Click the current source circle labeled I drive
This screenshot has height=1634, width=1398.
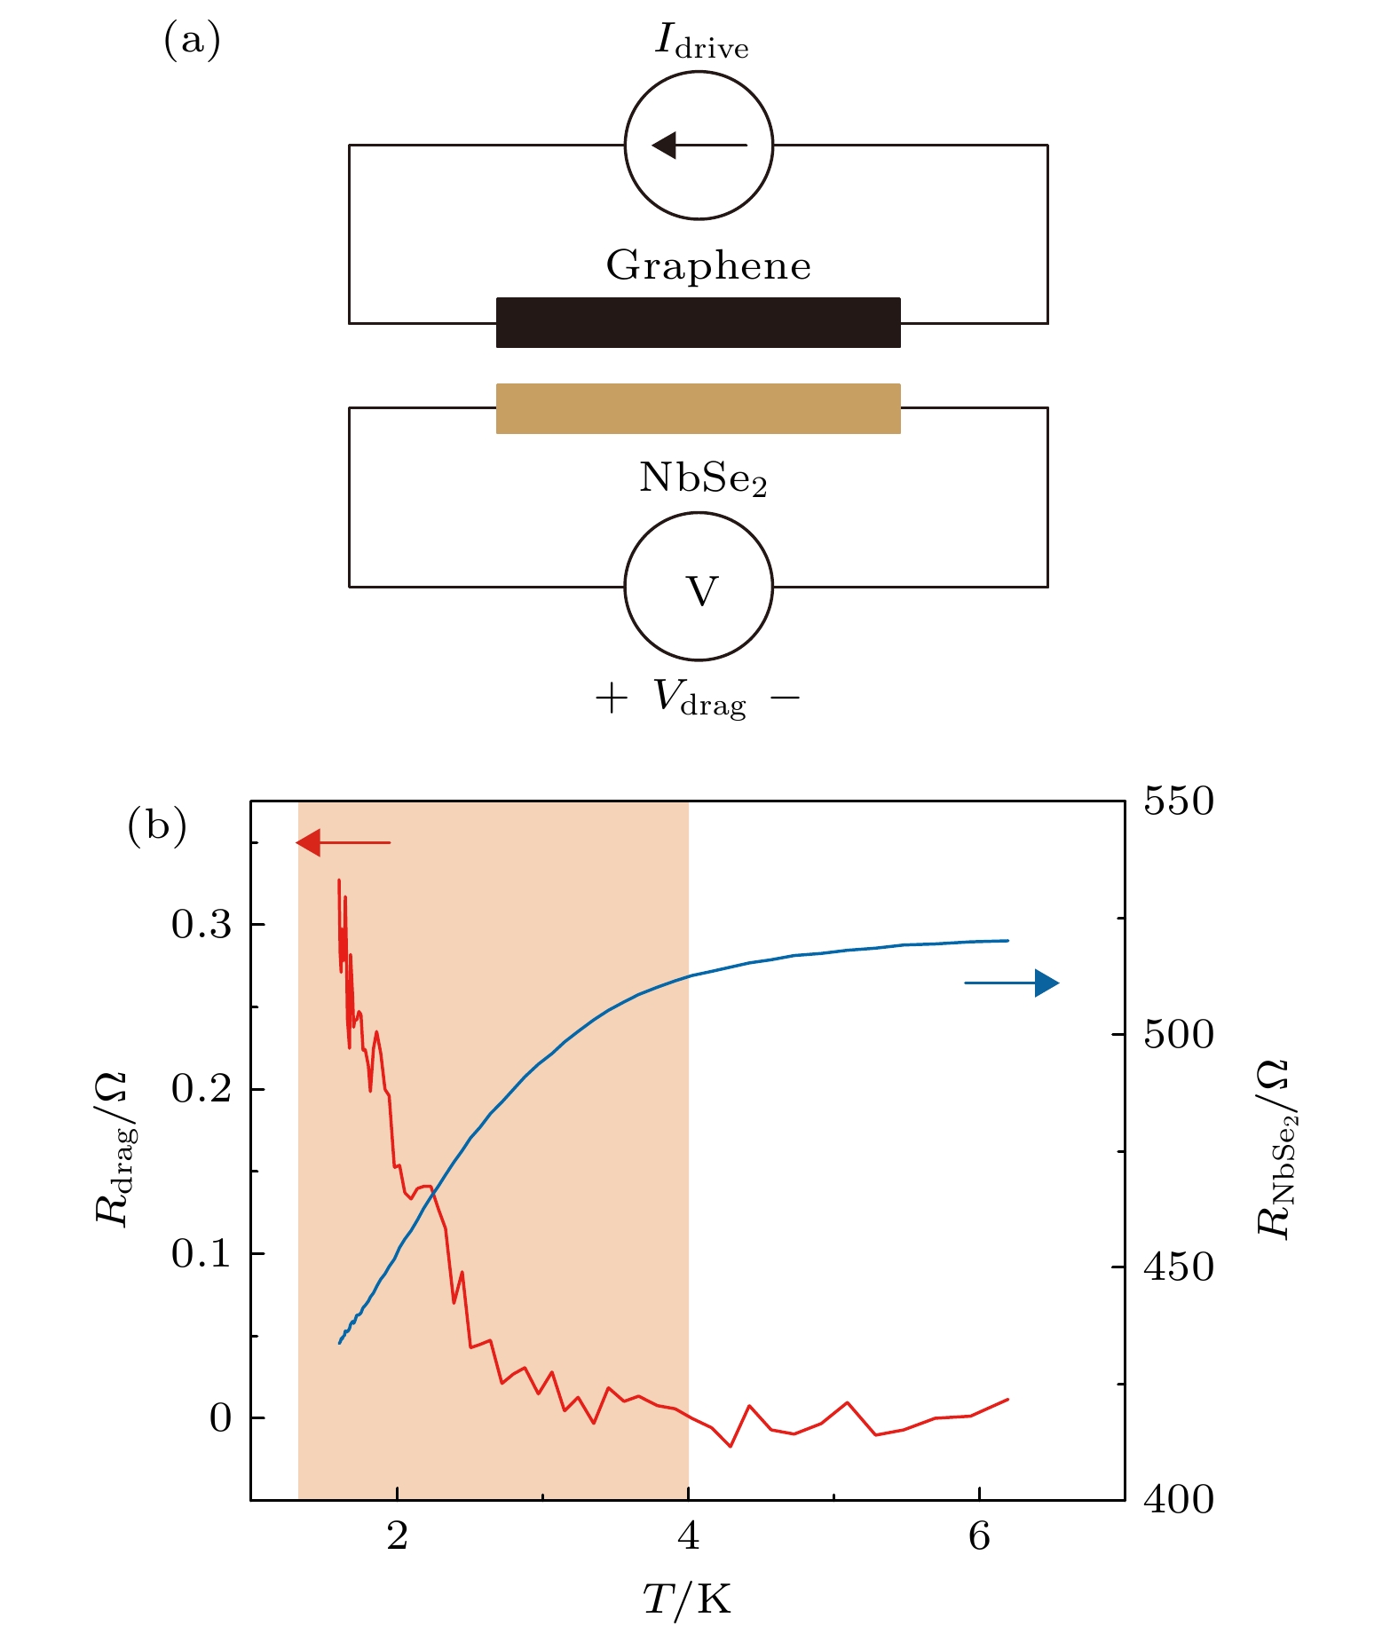point(699,145)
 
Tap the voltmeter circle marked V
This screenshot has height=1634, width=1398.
point(699,587)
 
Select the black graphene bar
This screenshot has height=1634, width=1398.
point(698,322)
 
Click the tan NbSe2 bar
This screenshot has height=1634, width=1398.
point(698,408)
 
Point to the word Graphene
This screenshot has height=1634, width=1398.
point(708,265)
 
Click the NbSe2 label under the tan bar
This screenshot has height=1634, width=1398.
point(702,479)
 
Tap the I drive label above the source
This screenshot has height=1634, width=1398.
point(701,42)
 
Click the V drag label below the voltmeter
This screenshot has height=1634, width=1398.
point(699,699)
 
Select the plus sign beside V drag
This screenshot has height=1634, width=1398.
point(611,699)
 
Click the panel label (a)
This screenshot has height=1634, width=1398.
point(192,40)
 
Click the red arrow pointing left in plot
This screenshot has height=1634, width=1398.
point(343,842)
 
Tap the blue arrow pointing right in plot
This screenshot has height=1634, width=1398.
point(1013,983)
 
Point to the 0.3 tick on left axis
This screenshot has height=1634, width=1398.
point(201,925)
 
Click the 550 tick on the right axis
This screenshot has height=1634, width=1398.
point(1178,801)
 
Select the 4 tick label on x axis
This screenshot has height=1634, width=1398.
point(688,1535)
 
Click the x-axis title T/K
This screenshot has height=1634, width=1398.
point(687,1598)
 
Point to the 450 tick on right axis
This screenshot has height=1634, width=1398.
point(1178,1267)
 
